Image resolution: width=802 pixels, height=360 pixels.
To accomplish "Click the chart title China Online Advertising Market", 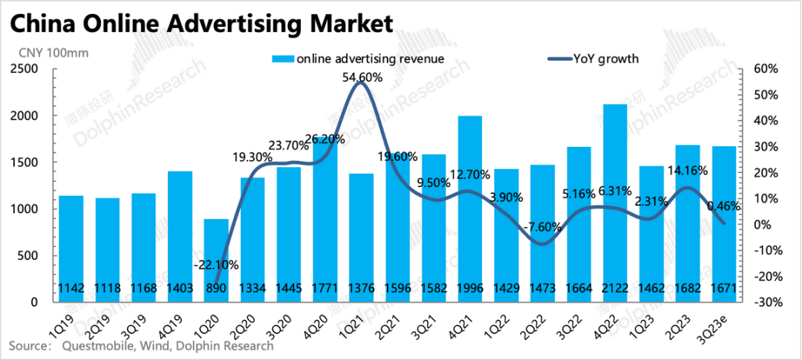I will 200,24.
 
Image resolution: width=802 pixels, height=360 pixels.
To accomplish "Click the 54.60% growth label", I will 362,76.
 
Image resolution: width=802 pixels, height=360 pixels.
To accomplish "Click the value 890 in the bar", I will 215,287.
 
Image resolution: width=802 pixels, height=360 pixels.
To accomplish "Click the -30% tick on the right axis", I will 765,302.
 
